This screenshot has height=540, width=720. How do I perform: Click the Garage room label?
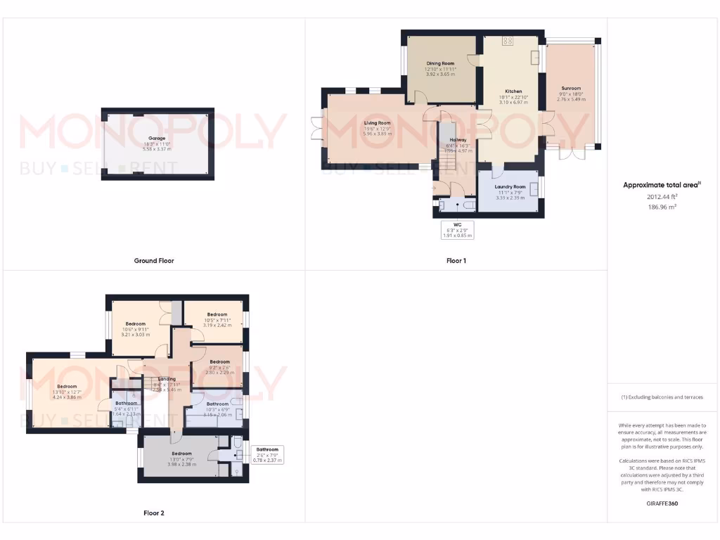click(x=156, y=139)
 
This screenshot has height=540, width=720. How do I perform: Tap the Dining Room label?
click(x=439, y=63)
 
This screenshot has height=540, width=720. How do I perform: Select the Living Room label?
click(x=377, y=123)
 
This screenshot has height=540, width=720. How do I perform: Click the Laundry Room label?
click(x=510, y=187)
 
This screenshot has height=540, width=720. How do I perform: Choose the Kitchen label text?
click(x=513, y=91)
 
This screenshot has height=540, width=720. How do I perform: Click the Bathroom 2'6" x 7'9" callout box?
click(x=266, y=454)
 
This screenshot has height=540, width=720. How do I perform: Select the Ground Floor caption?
click(x=154, y=261)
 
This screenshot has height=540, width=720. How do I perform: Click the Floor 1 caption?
click(x=456, y=261)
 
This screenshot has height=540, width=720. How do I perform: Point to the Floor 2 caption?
click(x=154, y=513)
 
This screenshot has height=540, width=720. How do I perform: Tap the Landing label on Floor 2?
click(x=167, y=379)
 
